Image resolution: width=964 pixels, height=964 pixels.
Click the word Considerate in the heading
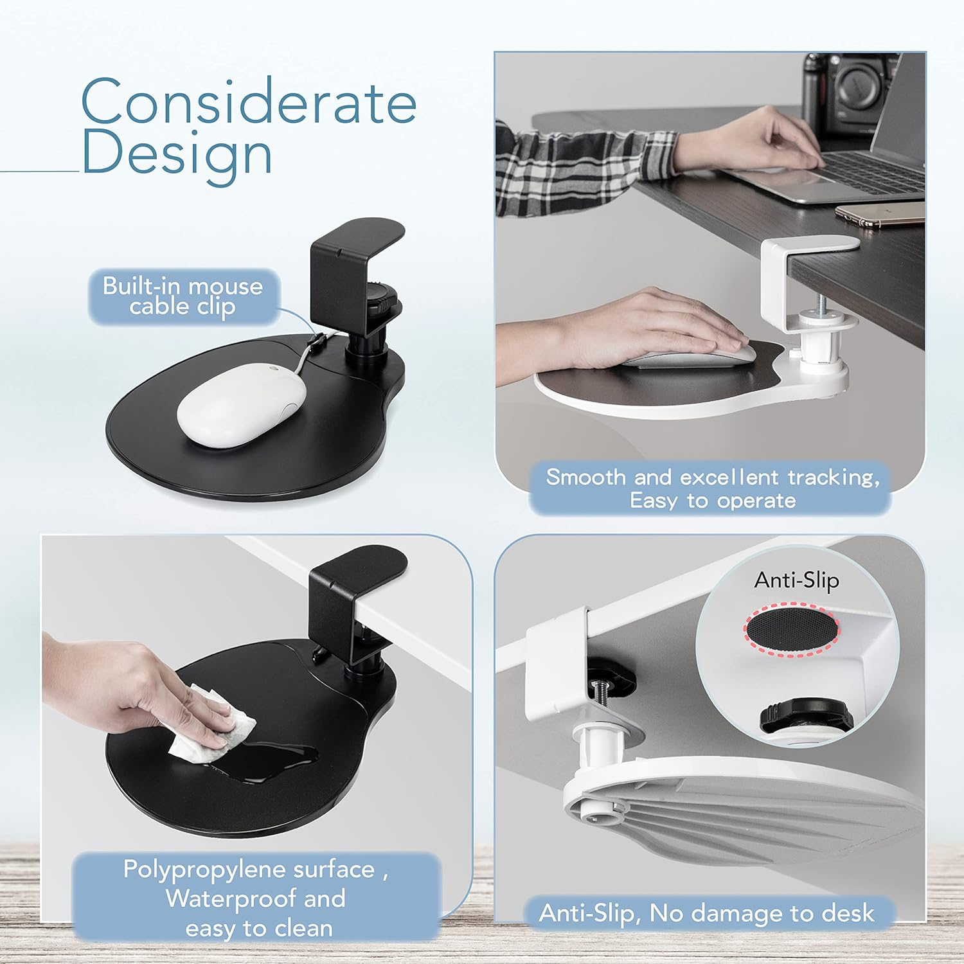(x=249, y=102)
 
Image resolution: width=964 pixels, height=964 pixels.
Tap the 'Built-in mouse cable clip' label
(x=183, y=296)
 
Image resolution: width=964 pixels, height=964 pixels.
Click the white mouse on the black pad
(x=241, y=405)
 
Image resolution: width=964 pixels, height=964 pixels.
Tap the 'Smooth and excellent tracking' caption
(x=712, y=478)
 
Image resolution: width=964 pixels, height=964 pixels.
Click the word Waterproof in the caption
(x=231, y=898)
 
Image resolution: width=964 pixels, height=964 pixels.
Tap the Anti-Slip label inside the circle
(x=796, y=580)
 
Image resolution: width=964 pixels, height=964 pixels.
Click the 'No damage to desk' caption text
(x=762, y=913)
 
